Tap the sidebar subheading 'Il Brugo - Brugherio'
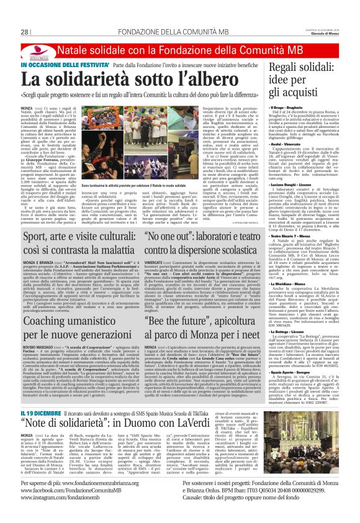click(295, 107)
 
